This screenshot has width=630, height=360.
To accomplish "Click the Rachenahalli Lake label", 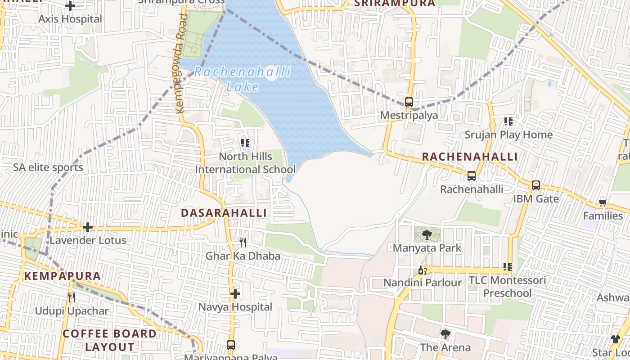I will click(243, 79).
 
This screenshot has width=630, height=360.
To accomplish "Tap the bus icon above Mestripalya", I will click(409, 102).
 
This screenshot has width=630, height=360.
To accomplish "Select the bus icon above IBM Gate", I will click(535, 185).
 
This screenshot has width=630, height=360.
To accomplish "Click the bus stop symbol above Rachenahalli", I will click(471, 176).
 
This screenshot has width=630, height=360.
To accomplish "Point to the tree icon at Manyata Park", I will click(427, 234).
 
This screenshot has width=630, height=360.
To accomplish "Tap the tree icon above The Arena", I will click(445, 334).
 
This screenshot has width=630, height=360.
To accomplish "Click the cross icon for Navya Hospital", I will click(235, 294).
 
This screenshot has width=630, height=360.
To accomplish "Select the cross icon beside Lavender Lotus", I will click(88, 227).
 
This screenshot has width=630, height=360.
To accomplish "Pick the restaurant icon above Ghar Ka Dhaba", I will click(243, 243).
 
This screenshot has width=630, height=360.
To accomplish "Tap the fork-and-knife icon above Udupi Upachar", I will click(71, 297).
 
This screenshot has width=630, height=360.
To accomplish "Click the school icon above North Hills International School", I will click(245, 143).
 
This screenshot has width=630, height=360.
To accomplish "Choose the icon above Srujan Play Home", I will click(508, 121).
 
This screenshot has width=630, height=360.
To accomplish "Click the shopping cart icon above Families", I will click(603, 202).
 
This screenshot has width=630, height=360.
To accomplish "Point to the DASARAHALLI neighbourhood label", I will click(224, 213).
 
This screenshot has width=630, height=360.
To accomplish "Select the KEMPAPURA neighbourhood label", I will click(62, 276).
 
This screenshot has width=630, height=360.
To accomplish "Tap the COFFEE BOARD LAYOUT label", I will click(109, 340).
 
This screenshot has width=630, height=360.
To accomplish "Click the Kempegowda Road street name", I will click(180, 63).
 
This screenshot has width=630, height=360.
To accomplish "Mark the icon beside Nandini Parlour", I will click(422, 270).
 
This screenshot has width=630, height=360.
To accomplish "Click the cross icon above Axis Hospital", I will click(70, 6).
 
